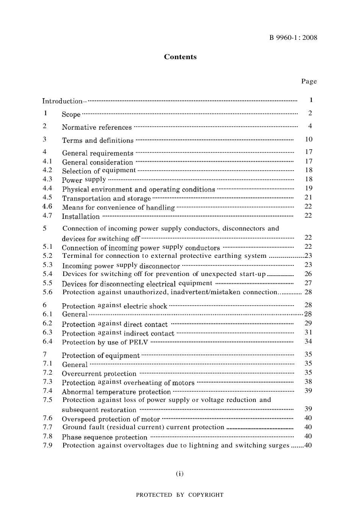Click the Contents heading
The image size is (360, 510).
coord(180,57)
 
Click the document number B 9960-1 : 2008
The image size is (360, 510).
coord(293,38)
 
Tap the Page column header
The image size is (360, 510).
coord(309,81)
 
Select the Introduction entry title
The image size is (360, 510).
coord(62,101)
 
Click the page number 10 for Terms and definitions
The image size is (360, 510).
coord(309,140)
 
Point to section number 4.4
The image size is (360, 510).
coord(47,188)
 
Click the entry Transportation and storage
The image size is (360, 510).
coord(106,198)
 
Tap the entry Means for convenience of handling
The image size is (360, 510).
coord(118,207)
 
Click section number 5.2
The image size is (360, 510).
coord(47,256)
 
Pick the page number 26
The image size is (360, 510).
coord(308,274)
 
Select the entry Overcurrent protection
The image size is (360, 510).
coord(99,373)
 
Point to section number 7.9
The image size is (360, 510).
coord(47,445)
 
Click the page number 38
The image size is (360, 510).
coord(308,382)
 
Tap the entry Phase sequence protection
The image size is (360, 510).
coord(105,437)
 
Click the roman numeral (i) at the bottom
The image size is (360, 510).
coord(180,473)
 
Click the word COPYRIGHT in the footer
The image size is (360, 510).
coord(206,495)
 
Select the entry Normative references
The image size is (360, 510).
coord(97,127)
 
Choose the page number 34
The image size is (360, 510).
coord(308,342)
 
